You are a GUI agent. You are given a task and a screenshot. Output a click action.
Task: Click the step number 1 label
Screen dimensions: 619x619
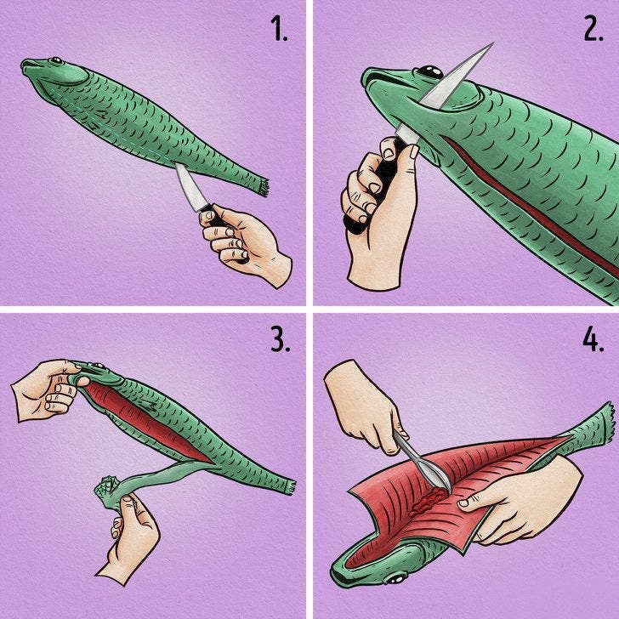pos(280,29)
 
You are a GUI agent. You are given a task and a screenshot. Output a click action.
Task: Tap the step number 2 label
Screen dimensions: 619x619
pos(593,29)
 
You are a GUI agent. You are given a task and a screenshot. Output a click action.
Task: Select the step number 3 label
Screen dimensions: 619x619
pos(281,340)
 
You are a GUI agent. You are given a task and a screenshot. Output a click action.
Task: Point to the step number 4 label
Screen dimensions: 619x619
pos(593,340)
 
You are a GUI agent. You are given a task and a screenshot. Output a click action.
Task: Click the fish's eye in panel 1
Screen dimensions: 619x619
pos(55,60)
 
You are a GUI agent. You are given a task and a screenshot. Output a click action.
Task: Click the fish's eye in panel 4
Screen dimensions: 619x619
pos(395,579)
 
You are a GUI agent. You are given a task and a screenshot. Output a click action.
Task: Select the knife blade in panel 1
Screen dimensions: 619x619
pos(190,187)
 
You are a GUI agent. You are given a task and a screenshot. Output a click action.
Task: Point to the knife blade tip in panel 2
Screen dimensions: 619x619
pos(492,43)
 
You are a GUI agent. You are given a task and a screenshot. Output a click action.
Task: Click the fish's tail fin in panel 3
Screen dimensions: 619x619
pos(290,486)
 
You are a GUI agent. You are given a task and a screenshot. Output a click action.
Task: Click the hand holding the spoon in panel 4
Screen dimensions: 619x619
pos(363,406)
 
